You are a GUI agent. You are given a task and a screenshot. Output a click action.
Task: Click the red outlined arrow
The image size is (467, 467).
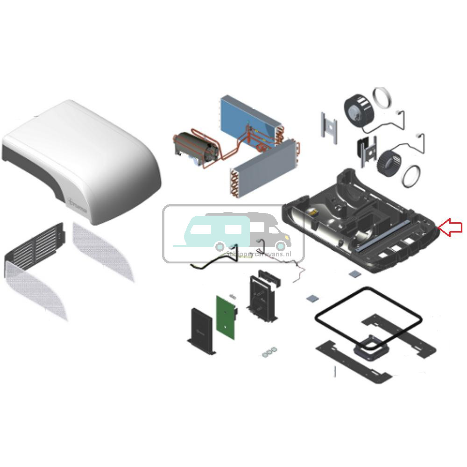[x=450, y=227]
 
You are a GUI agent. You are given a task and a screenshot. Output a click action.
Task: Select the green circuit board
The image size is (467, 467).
[x=227, y=317]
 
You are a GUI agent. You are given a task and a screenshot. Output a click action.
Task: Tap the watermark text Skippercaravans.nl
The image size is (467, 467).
[x=264, y=252]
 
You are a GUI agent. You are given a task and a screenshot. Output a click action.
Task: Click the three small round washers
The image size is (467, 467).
[x=269, y=353]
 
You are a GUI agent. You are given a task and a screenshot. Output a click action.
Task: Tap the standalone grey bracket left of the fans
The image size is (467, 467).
[x=329, y=126]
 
